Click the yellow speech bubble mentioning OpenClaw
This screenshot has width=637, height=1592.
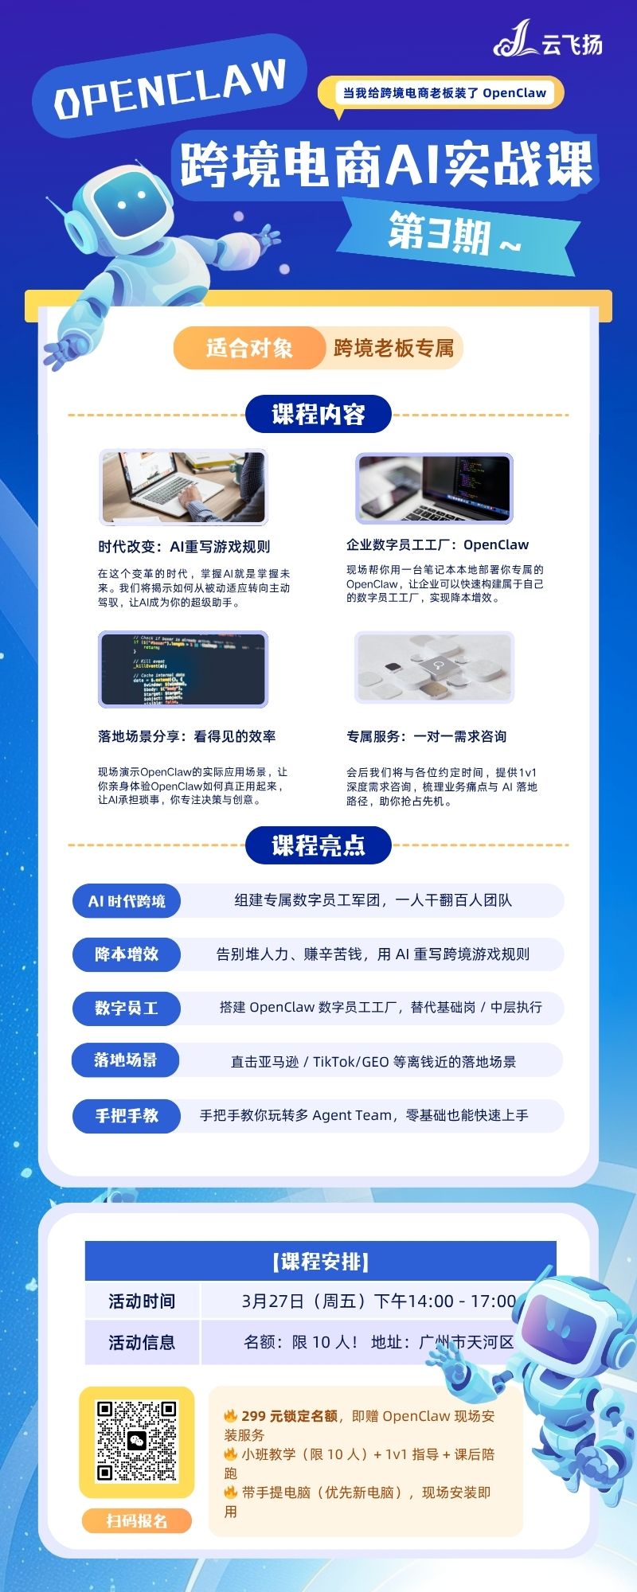pos(440,94)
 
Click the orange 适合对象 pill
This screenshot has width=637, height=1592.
pos(249,348)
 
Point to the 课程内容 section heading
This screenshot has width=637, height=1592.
pos(318,414)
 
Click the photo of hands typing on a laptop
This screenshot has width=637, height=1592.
pos(183,487)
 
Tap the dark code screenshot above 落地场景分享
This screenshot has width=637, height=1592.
pos(183,669)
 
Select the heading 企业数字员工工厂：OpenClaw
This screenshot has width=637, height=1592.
pos(437,545)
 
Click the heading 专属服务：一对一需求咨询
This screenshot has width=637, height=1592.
pos(426,736)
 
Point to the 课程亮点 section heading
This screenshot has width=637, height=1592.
pos(318,845)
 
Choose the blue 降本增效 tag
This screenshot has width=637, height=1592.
pos(127,954)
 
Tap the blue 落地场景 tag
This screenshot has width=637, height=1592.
pos(126,1060)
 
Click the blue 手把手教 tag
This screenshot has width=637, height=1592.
pos(127,1115)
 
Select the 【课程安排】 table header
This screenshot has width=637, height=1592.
pos(321,1261)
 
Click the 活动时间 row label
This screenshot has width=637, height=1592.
pos(142,1301)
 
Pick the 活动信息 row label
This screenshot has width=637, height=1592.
pos(142,1343)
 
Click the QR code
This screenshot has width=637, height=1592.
pos(137,1442)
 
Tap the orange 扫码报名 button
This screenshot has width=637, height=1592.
pos(137,1521)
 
